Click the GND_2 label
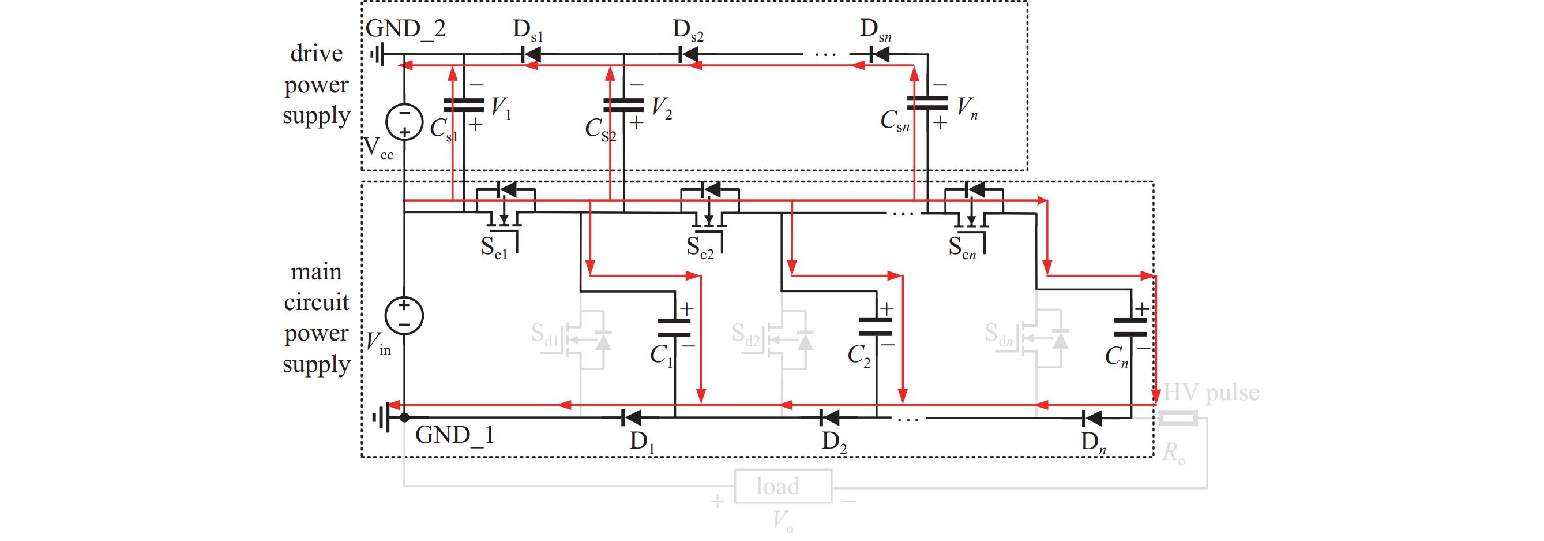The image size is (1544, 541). tap(406, 29)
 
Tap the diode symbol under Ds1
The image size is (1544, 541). tap(530, 55)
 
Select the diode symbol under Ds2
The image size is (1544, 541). tap(689, 55)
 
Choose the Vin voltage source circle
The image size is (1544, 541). tap(404, 315)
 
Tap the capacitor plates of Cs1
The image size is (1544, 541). tap(463, 106)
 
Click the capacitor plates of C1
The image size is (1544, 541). tap(675, 327)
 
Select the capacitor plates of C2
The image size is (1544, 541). tap(876, 327)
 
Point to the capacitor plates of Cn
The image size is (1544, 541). tap(1130, 327)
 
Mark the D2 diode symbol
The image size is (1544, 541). tap(830, 416)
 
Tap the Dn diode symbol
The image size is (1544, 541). tap(1094, 416)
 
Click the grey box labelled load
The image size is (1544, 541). tap(783, 486)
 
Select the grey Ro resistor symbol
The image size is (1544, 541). tap(1178, 418)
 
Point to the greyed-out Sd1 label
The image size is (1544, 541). tap(544, 335)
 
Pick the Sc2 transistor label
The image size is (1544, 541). tap(700, 247)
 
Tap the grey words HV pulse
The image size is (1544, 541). tap(1211, 393)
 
